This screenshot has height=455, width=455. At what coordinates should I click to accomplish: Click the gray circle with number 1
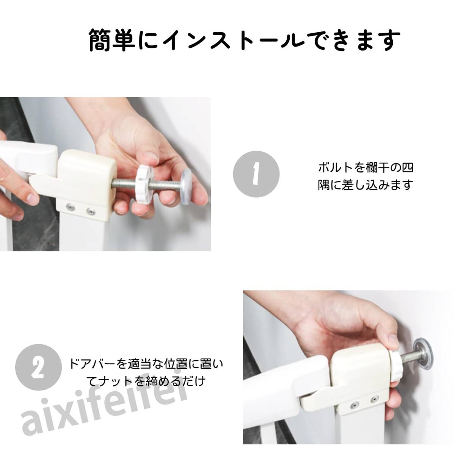point(256,174)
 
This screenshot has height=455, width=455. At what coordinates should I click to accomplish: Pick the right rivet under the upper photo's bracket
point(89,211)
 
